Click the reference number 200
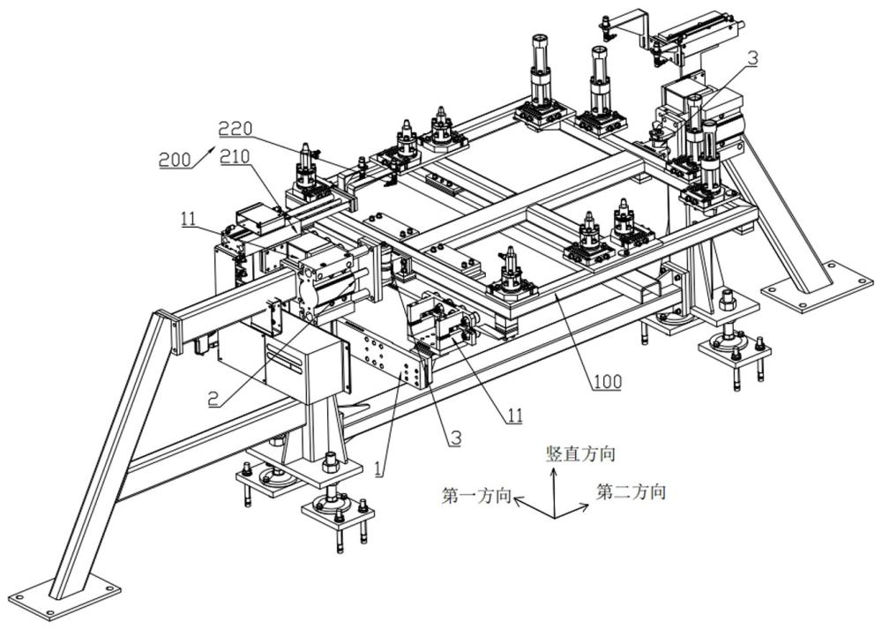pyautogui.click(x=175, y=161)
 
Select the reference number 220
pyautogui.click(x=235, y=130)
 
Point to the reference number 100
pyautogui.click(x=607, y=381)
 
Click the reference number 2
pyautogui.click(x=213, y=400)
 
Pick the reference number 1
pyautogui.click(x=379, y=468)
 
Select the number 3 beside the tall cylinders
pyautogui.click(x=752, y=58)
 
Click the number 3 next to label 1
pyautogui.click(x=454, y=438)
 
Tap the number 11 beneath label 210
pyautogui.click(x=189, y=218)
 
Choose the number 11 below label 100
pyautogui.click(x=514, y=416)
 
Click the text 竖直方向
pyautogui.click(x=580, y=453)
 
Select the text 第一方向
pyautogui.click(x=476, y=496)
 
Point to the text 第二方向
pyautogui.click(x=632, y=491)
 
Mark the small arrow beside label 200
pyautogui.click(x=204, y=156)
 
